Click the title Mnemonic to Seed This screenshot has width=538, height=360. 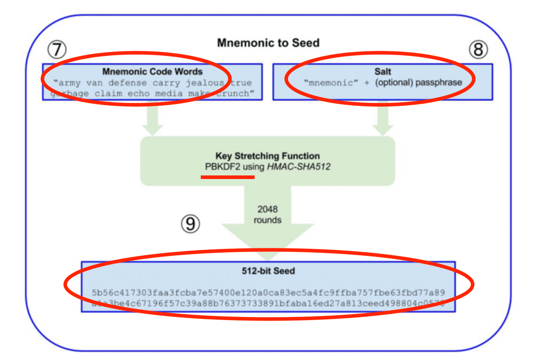(268, 43)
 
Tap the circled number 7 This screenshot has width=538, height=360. (57, 50)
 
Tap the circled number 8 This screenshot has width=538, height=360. (478, 50)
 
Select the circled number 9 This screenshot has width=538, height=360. (191, 223)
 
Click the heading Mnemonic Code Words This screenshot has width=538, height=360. (152, 72)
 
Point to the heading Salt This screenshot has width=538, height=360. (383, 72)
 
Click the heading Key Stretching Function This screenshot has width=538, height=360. (268, 156)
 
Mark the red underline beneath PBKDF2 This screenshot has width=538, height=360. (228, 177)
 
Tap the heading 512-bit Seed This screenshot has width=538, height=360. (268, 271)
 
